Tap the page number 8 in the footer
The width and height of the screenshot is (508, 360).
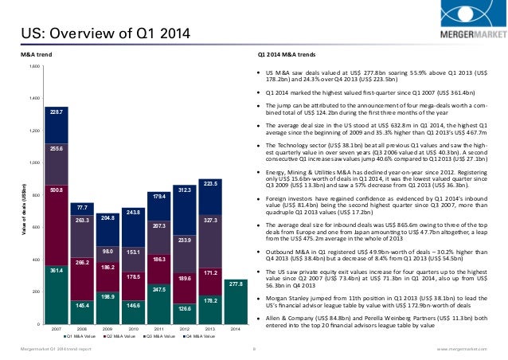(252, 348)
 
